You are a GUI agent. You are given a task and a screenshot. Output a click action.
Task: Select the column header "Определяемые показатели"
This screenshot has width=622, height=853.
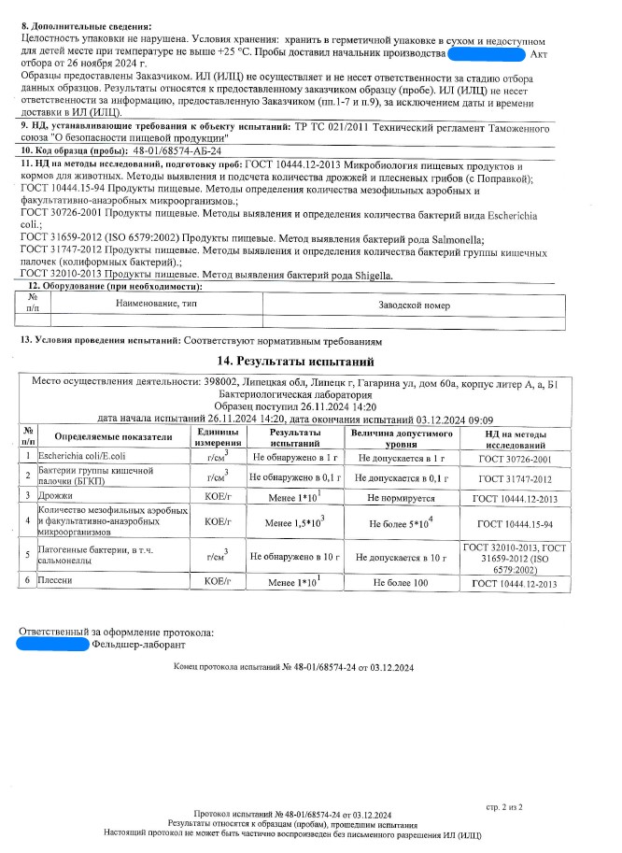click(114, 436)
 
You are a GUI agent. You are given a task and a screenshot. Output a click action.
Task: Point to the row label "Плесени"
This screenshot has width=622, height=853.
click(53, 581)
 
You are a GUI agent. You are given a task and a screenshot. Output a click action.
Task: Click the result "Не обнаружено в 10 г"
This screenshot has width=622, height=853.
click(293, 557)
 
